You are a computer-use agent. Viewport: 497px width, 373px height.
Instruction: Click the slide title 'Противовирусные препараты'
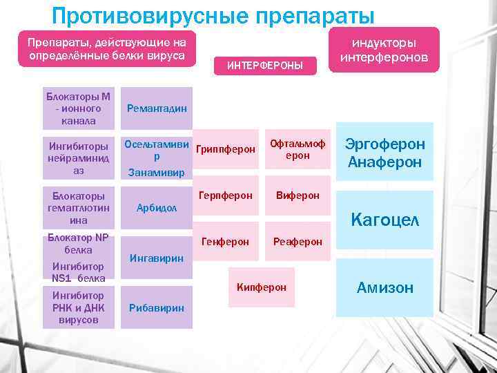[213, 15]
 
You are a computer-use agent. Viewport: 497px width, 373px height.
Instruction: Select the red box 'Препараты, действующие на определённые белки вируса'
[106, 49]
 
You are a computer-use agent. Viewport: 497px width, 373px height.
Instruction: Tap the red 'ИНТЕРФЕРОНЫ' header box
[269, 66]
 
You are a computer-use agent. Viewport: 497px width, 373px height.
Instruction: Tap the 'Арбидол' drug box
[157, 208]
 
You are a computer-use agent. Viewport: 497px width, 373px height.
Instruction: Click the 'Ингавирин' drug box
[157, 258]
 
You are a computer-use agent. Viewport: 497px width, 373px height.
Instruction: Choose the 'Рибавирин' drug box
[157, 307]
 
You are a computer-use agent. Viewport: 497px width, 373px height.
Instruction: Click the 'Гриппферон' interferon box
[226, 149]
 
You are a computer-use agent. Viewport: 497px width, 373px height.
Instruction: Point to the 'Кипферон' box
[262, 287]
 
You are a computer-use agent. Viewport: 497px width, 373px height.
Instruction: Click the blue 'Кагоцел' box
[384, 220]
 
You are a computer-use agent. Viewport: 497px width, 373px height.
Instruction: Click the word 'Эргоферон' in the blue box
[385, 144]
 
